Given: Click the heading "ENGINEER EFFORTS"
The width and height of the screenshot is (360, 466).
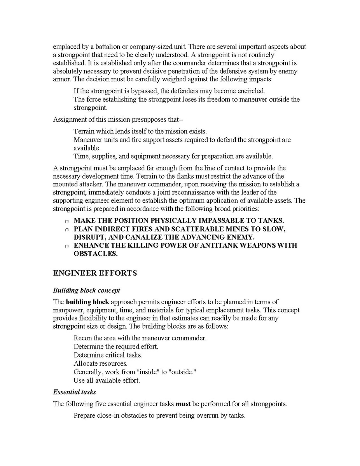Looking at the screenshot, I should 95,273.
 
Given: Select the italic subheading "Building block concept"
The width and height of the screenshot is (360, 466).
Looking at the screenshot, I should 86,290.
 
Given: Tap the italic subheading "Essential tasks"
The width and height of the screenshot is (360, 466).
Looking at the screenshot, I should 74,392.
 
